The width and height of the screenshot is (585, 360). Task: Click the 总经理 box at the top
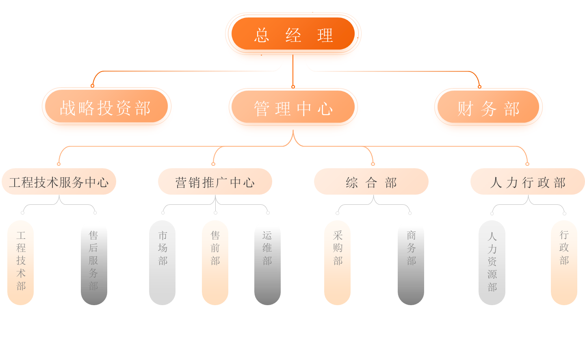[293, 35]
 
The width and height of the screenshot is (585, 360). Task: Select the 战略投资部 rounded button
[106, 108]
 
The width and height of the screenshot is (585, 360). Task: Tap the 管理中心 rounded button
[293, 108]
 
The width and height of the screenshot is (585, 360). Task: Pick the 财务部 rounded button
[488, 109]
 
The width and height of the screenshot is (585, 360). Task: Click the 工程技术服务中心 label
[59, 182]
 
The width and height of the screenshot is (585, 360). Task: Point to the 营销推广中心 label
[215, 182]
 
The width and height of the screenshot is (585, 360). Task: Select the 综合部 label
[371, 182]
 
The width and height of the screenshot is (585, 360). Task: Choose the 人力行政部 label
[528, 182]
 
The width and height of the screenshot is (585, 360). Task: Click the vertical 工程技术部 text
[21, 260]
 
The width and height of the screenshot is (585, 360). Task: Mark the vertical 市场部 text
[163, 248]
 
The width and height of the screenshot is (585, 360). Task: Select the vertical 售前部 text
[215, 248]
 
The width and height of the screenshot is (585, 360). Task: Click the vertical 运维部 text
[267, 248]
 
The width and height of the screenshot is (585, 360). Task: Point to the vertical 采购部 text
[338, 248]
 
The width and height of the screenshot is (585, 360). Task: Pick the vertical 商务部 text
[412, 248]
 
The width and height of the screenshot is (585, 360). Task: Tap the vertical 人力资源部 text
[492, 262]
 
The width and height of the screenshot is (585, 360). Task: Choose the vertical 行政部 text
[564, 247]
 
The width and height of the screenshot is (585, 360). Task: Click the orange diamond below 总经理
[293, 75]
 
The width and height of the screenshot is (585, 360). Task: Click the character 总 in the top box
[261, 35]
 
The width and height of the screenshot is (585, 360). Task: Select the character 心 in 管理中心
[325, 109]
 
